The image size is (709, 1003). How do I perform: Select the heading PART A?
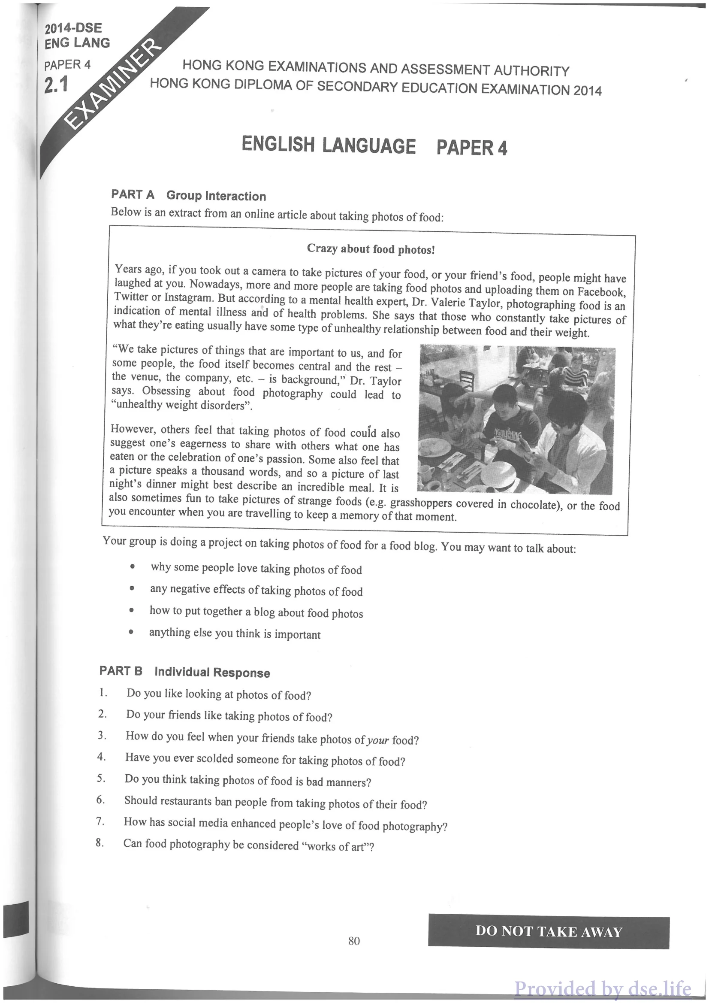point(133,194)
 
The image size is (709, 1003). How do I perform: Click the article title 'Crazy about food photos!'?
point(371,249)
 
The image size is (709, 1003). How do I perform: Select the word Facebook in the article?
point(601,291)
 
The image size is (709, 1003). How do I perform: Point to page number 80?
point(354,940)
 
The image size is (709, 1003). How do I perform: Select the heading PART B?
point(121,670)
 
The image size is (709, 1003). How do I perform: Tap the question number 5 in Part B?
point(101,778)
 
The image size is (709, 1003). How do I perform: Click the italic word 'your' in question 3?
point(377,740)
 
